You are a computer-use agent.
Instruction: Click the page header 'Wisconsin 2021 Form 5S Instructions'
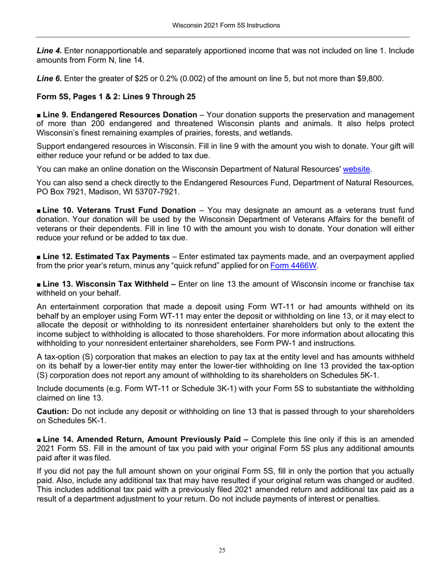(222, 25)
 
